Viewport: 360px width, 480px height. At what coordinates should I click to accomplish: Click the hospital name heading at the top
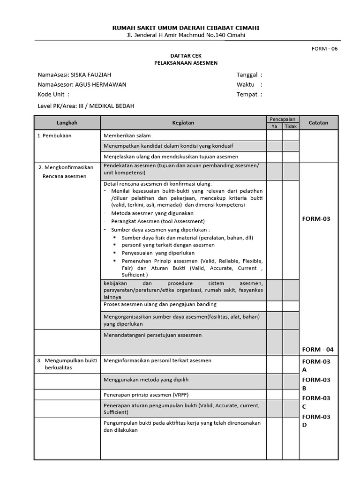pos(186,28)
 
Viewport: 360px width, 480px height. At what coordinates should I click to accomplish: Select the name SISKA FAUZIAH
pos(91,75)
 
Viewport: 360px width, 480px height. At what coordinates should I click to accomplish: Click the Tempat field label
pos(247,94)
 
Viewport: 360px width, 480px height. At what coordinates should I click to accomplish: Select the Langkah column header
pos(67,123)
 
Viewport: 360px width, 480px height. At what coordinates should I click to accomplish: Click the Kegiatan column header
pos(183,123)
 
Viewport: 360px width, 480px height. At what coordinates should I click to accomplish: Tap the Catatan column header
pos(318,123)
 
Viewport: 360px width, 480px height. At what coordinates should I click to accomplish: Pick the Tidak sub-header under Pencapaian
pos(291,127)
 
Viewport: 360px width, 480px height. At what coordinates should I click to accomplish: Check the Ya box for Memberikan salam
pos(274,135)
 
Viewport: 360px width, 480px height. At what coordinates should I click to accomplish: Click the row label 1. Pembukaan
pos(54,135)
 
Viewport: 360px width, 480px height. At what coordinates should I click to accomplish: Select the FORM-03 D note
pos(316,420)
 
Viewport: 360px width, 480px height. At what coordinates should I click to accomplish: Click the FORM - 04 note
pos(318,349)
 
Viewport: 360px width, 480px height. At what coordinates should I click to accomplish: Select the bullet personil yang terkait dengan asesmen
pos(168,245)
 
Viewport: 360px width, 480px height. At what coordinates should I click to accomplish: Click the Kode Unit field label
pos(51,94)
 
